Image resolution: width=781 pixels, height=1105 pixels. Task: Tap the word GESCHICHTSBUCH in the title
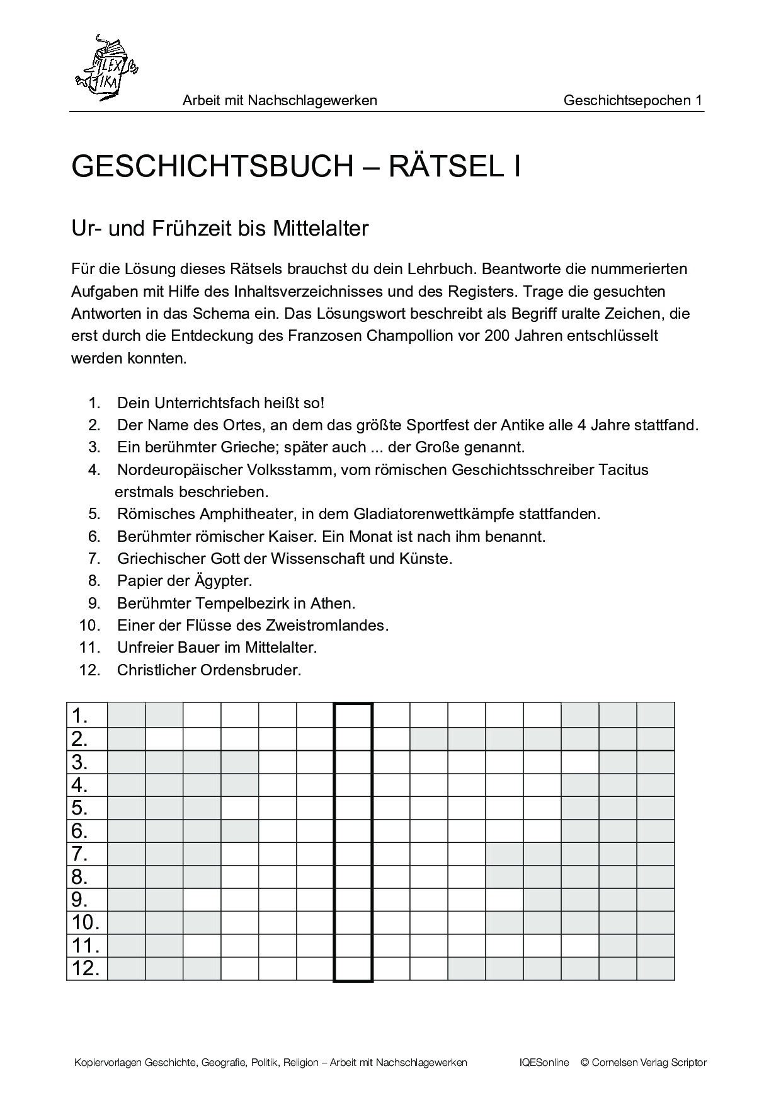pyautogui.click(x=212, y=167)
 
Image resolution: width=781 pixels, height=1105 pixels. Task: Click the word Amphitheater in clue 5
pyautogui.click(x=248, y=514)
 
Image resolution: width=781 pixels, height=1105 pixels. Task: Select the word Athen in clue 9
pyautogui.click(x=333, y=604)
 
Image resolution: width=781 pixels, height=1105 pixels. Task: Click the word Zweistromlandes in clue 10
pyautogui.click(x=334, y=626)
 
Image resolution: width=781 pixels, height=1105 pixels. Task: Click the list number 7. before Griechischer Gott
pyautogui.click(x=94, y=559)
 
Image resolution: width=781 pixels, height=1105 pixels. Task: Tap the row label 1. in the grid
pyautogui.click(x=80, y=716)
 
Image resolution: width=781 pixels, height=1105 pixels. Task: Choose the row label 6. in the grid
pyautogui.click(x=80, y=831)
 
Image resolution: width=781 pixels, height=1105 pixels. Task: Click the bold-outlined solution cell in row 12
pyautogui.click(x=353, y=968)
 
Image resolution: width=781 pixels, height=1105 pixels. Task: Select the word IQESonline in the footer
pyautogui.click(x=544, y=1063)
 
